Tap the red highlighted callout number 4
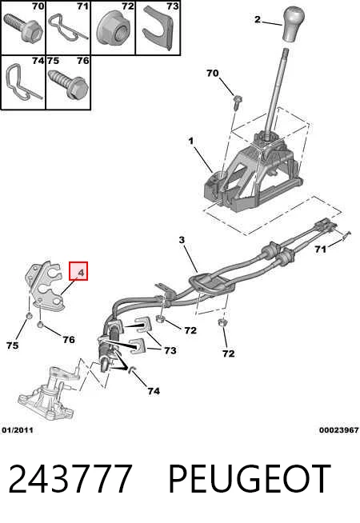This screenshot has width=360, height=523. pyautogui.click(x=78, y=271)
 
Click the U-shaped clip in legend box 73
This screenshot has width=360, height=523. pyautogui.click(x=159, y=28)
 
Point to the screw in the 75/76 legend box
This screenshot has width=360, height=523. pyautogui.click(x=68, y=83)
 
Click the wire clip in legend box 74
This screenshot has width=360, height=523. pyautogui.click(x=22, y=82)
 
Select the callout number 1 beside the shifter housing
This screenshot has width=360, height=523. pyautogui.click(x=190, y=141)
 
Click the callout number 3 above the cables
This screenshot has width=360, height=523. pyautogui.click(x=182, y=240)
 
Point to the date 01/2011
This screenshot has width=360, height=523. pyautogui.click(x=18, y=430)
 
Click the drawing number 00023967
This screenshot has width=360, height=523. pyautogui.click(x=338, y=430)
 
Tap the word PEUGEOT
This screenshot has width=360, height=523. pyautogui.click(x=250, y=479)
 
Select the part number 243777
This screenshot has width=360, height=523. pyautogui.click(x=70, y=479)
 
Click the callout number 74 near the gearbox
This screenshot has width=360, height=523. pyautogui.click(x=154, y=391)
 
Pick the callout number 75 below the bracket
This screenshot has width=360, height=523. pyautogui.click(x=12, y=345)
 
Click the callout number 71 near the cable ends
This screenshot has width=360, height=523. pyautogui.click(x=320, y=249)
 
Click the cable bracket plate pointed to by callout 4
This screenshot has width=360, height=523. pyautogui.click(x=46, y=285)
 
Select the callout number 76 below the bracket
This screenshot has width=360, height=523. pyautogui.click(x=69, y=340)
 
